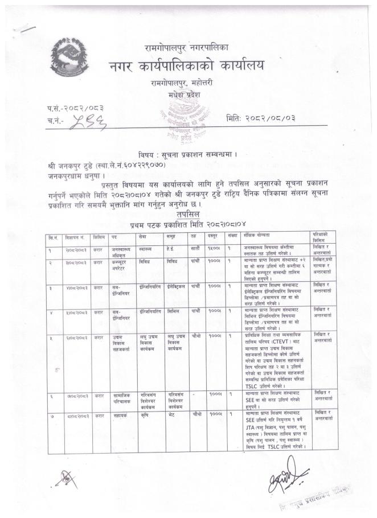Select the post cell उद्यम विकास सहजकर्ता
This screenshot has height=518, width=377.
121,342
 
